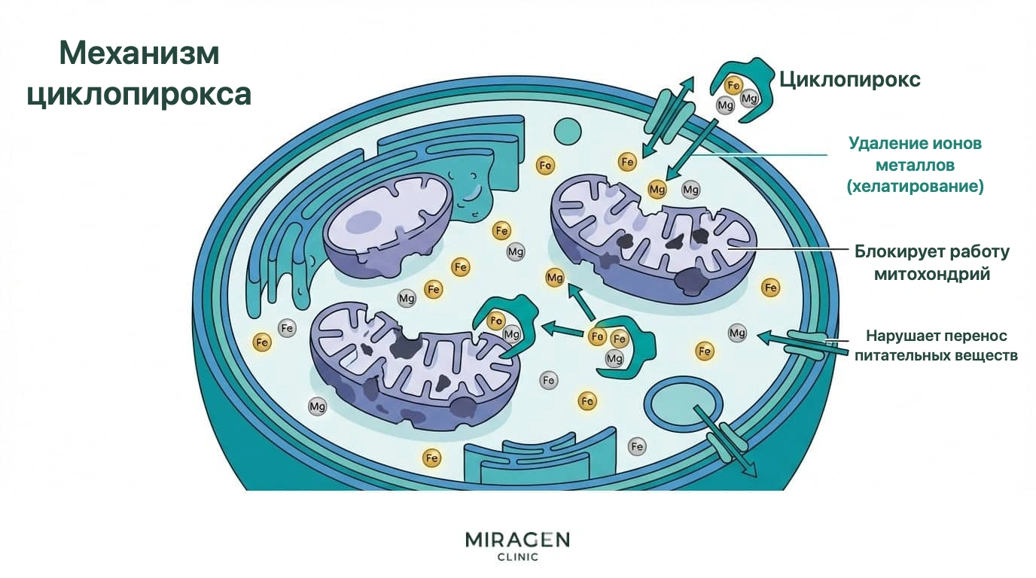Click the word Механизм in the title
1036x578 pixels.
139,53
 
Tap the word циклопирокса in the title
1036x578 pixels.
139,94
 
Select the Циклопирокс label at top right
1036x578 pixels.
850,80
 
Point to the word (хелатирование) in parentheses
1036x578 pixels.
916,187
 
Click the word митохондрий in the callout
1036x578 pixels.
932,274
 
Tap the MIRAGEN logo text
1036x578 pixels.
517,540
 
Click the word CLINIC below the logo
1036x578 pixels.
517,557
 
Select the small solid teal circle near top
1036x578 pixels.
568,131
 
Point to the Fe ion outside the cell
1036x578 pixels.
733,86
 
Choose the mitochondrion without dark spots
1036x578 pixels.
388,225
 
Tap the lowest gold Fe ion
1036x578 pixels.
431,458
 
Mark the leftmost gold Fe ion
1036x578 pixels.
262,342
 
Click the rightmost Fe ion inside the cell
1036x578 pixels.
770,287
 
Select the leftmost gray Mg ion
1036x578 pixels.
317,407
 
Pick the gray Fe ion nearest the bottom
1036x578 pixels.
637,446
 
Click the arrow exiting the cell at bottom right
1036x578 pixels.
725,441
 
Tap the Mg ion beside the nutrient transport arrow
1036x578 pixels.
737,333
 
